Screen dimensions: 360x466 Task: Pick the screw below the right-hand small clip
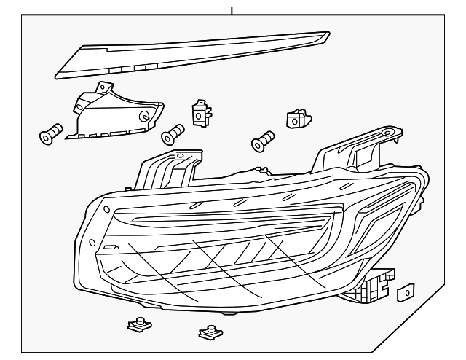tap(262, 141)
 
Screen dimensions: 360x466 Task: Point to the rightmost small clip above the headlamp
tap(295, 118)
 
